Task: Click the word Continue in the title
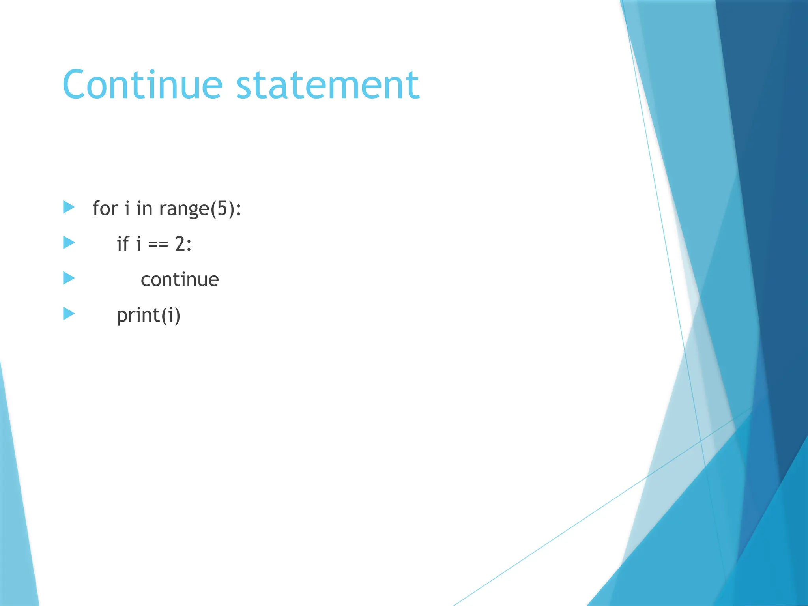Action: click(x=142, y=85)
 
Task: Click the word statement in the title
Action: click(x=327, y=85)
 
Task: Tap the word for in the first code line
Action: click(x=105, y=208)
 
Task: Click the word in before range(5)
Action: click(x=144, y=208)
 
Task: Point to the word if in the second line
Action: click(x=123, y=243)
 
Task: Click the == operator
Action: click(x=158, y=245)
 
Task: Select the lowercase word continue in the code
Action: click(x=180, y=280)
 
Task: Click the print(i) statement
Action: click(x=148, y=315)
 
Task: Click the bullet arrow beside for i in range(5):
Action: click(x=69, y=207)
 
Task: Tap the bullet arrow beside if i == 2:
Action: click(x=69, y=243)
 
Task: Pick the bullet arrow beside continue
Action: click(x=69, y=278)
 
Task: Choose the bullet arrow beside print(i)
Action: click(x=69, y=314)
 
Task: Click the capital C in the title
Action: click(x=77, y=85)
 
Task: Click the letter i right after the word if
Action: click(x=138, y=243)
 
